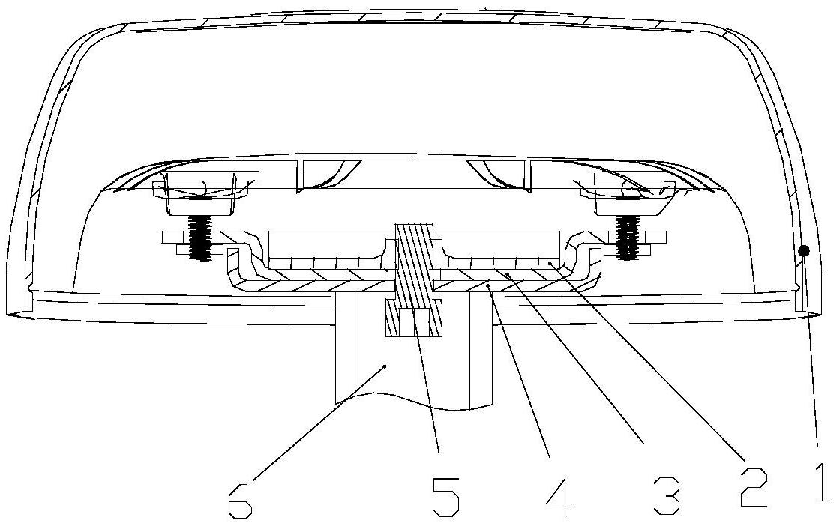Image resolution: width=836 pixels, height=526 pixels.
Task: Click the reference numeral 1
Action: click(823, 482)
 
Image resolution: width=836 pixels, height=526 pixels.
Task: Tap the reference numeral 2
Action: click(754, 486)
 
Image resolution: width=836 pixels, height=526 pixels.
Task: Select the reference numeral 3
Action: click(667, 495)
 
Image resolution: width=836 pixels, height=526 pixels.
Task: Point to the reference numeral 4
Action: click(559, 498)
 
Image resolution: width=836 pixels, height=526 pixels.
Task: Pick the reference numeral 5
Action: click(445, 498)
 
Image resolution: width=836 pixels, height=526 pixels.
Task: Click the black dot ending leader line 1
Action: click(805, 250)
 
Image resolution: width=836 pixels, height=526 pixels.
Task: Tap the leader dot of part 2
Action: click(549, 263)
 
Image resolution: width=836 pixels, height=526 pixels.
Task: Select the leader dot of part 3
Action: click(508, 274)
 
